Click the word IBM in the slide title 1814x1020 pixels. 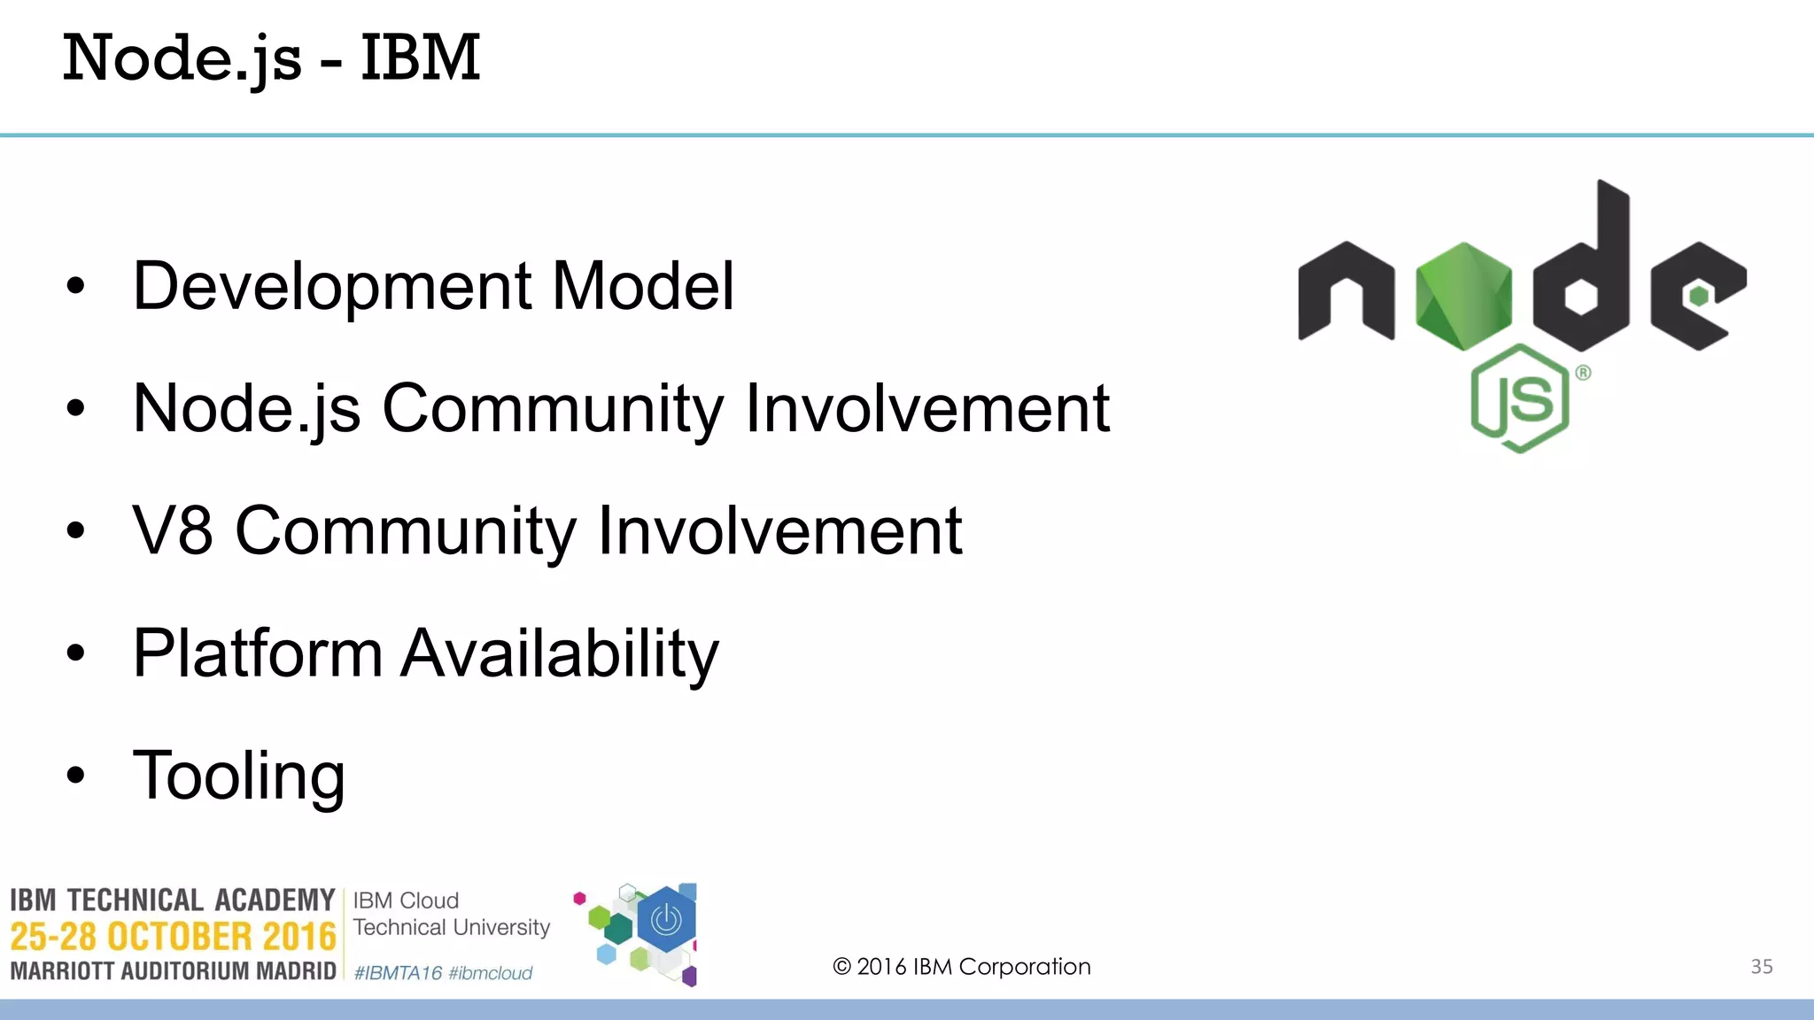click(420, 58)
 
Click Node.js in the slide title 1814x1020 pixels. click(182, 58)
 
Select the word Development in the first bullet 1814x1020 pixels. click(332, 286)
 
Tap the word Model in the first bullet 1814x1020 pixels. click(643, 286)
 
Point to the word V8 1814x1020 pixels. click(173, 530)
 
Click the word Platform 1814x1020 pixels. click(257, 653)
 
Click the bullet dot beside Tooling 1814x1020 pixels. click(76, 776)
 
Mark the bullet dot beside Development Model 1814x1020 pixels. click(76, 286)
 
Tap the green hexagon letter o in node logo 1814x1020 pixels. click(1463, 295)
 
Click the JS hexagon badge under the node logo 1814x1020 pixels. click(1520, 398)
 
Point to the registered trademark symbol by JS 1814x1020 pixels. click(1583, 373)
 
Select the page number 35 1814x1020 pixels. click(1762, 967)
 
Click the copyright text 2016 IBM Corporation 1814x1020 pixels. click(962, 967)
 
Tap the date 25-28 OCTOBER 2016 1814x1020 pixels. click(173, 937)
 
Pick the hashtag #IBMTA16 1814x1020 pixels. click(398, 973)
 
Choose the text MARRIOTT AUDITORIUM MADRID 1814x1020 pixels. click(173, 971)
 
